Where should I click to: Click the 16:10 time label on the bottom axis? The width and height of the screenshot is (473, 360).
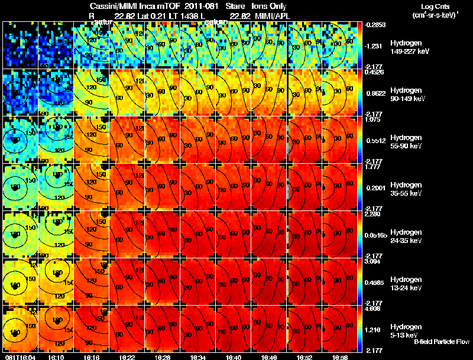point(56,357)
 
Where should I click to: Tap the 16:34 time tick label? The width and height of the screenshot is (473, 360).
point(198,357)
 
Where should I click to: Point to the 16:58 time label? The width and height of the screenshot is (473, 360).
point(340,357)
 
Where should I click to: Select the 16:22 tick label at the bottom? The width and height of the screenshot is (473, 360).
point(127,357)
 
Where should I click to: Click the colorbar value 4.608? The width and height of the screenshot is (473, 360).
point(375,309)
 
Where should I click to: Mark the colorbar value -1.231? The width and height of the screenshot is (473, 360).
point(375,46)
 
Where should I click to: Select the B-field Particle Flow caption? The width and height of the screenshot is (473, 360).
point(441,342)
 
